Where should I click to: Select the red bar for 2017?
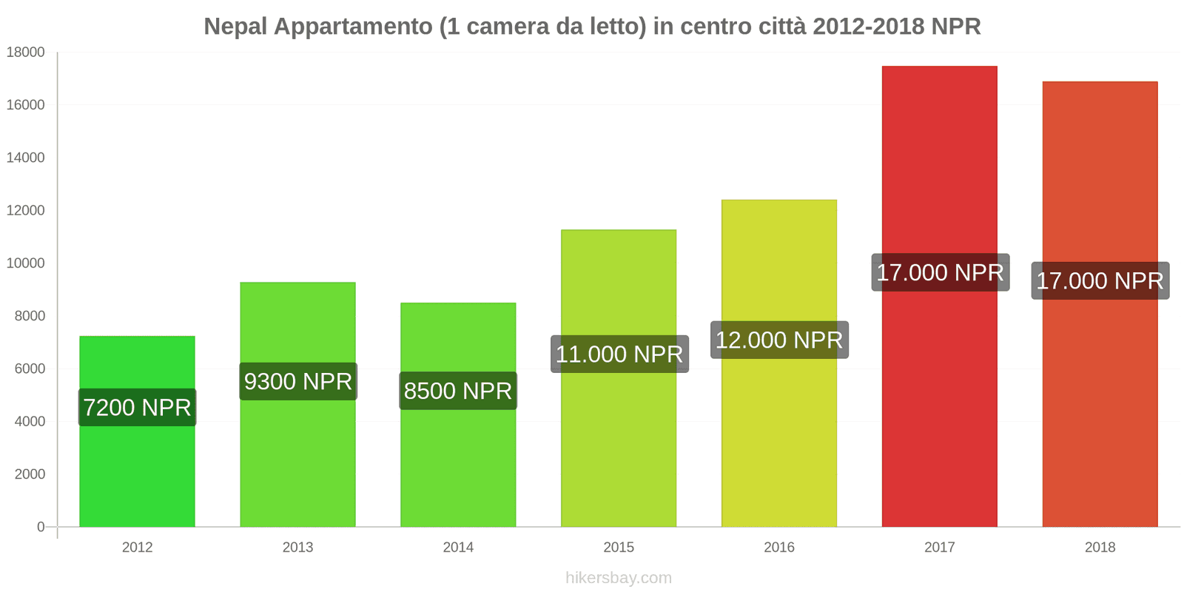tap(939, 407)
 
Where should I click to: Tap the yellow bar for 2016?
tap(779, 444)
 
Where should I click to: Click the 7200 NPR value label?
tap(137, 407)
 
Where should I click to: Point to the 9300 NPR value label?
tap(298, 381)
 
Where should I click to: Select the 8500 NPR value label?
tap(458, 391)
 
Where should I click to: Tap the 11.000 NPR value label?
tap(619, 354)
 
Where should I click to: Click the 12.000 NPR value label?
tap(779, 340)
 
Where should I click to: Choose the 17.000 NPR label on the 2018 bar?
tap(1100, 280)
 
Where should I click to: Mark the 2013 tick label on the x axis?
tap(297, 548)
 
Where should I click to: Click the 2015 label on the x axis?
tap(619, 548)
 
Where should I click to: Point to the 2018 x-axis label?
tap(1100, 548)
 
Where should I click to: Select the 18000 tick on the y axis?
tap(26, 53)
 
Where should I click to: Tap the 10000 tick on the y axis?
tap(26, 263)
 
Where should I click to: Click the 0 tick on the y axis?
tap(41, 527)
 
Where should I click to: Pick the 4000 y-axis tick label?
tap(30, 422)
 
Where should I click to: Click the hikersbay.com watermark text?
tap(619, 578)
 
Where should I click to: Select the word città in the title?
tap(781, 27)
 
